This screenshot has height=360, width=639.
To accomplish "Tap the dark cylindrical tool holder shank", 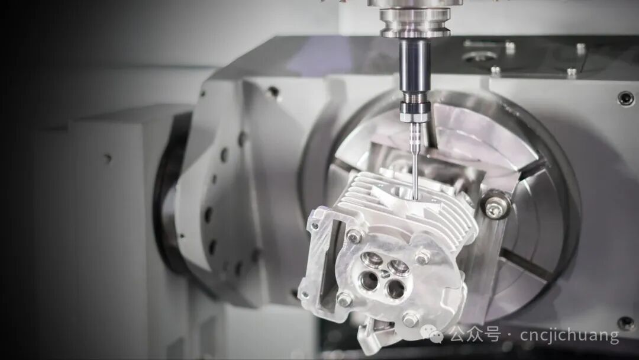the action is pos(414,66).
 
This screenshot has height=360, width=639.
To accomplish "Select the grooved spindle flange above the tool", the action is pos(414,20).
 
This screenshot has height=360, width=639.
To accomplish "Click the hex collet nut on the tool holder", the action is pos(415,112).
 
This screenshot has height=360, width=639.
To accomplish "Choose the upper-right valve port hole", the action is pos(398,267).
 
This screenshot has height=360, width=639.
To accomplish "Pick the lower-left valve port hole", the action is pos(369,280).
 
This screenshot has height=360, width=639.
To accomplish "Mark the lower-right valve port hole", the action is pos(396,289).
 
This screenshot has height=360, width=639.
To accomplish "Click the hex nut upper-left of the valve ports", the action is pos(354,236).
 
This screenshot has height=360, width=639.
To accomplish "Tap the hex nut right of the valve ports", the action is pos(423,257).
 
